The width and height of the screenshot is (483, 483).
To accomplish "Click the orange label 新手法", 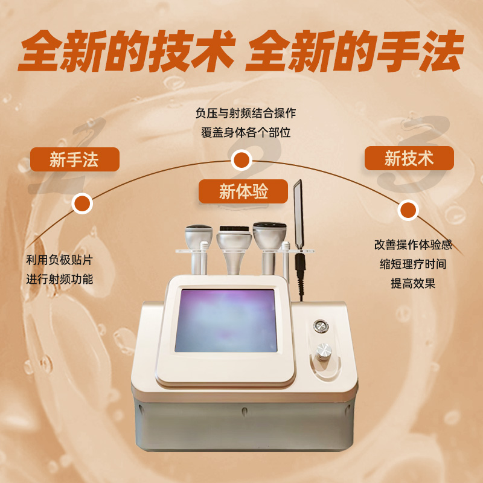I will tap(74, 159).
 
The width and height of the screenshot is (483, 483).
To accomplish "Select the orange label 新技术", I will tap(409, 158).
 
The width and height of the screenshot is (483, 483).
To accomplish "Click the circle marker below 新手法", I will tap(82, 203).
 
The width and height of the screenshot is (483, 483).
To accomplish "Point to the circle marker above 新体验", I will tap(241, 160).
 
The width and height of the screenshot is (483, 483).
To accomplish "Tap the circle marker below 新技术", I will tap(409, 210).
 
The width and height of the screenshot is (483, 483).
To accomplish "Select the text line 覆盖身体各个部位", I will tap(246, 132).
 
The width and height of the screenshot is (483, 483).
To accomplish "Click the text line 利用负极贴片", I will tap(60, 261).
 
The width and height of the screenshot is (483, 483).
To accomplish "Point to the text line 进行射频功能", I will tap(60, 280).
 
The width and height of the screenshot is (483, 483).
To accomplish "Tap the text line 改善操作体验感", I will tap(413, 245).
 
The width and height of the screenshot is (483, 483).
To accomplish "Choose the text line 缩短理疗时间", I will tap(413, 264).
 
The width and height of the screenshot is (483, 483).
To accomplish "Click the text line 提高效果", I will tap(413, 283).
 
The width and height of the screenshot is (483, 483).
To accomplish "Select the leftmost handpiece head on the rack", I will tap(199, 234).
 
